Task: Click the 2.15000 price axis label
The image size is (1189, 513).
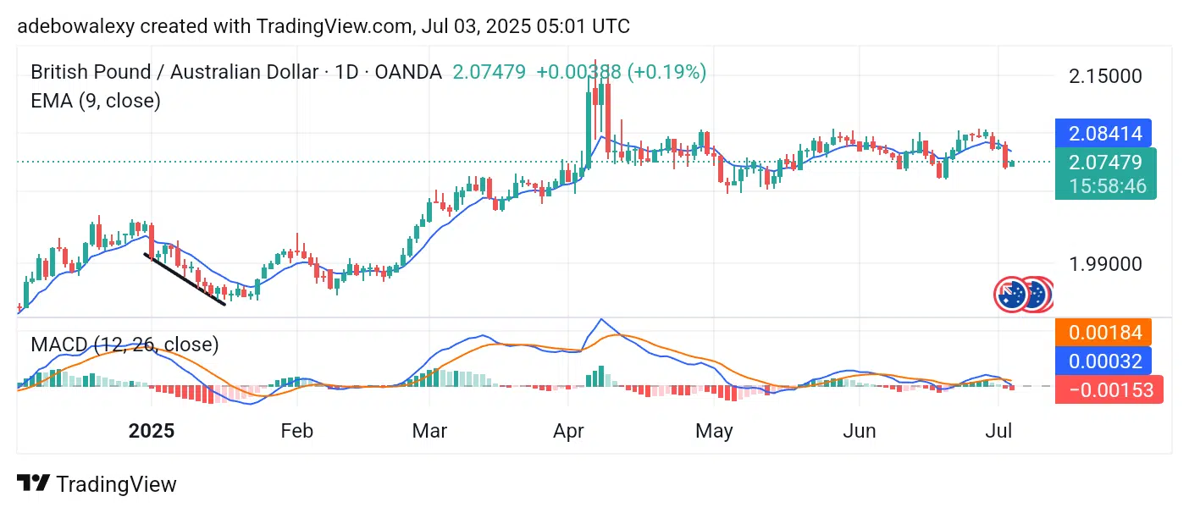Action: pyautogui.click(x=1105, y=76)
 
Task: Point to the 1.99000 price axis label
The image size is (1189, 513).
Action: pyautogui.click(x=1105, y=263)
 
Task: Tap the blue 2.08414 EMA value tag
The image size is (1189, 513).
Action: pyautogui.click(x=1103, y=134)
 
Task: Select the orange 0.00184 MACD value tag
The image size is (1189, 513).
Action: pyautogui.click(x=1103, y=333)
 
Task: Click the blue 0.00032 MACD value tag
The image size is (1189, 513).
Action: pyautogui.click(x=1103, y=361)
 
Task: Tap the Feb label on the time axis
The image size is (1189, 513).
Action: pyautogui.click(x=296, y=431)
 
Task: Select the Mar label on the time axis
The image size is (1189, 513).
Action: pyautogui.click(x=429, y=431)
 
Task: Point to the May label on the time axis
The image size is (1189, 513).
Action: pyautogui.click(x=713, y=431)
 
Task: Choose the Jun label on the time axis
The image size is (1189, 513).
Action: pyautogui.click(x=859, y=431)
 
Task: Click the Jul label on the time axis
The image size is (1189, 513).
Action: pyautogui.click(x=999, y=431)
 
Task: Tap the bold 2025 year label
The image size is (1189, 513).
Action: pyautogui.click(x=152, y=431)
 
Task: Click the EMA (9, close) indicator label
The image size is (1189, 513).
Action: pyautogui.click(x=96, y=101)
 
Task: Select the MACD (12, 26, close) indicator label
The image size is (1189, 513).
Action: pyautogui.click(x=124, y=345)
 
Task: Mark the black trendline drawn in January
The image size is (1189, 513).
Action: pyautogui.click(x=185, y=279)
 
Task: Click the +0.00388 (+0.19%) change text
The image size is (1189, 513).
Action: pyautogui.click(x=621, y=72)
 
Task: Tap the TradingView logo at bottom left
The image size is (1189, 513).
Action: pyautogui.click(x=97, y=484)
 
